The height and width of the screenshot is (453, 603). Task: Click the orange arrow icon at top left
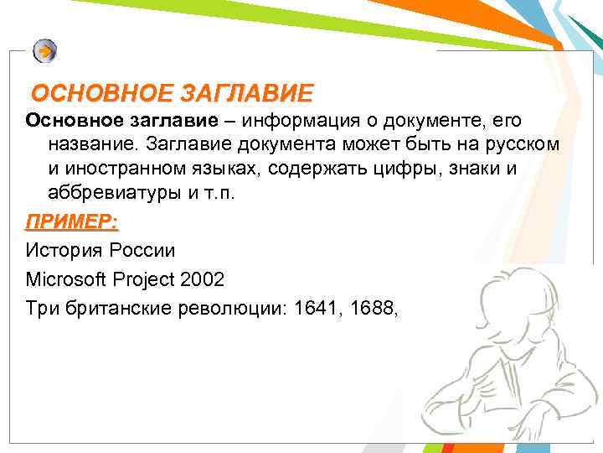[x=45, y=51]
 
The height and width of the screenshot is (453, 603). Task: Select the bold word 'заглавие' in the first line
[x=166, y=123]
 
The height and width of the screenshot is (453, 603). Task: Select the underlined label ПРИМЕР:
[x=72, y=223]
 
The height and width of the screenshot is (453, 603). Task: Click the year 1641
[x=317, y=307]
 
